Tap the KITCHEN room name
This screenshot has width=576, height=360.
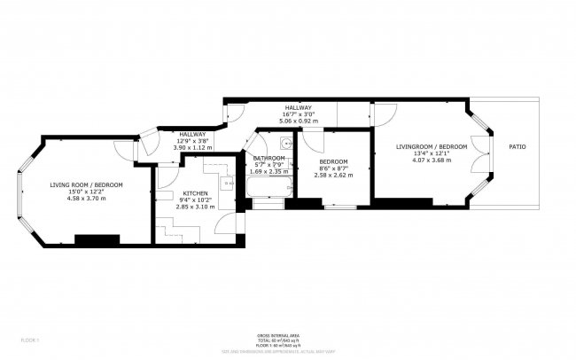tap(196, 192)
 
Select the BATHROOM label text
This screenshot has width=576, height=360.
tap(269, 158)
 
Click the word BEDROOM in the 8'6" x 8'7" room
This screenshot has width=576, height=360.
tap(333, 161)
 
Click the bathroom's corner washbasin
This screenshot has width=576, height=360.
tap(285, 142)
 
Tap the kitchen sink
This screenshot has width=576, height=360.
tap(228, 184)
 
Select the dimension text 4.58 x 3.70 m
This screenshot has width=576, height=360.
tap(86, 199)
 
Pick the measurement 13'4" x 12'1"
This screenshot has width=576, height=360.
tap(432, 153)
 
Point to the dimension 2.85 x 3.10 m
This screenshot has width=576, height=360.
tap(196, 207)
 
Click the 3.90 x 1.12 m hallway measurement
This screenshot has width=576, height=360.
tap(192, 148)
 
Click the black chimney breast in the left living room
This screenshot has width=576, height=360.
tap(97, 240)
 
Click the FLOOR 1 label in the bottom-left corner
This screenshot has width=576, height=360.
tap(30, 340)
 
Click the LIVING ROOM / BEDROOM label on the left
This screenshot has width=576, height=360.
tap(86, 184)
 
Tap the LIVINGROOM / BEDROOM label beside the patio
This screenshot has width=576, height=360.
tap(432, 145)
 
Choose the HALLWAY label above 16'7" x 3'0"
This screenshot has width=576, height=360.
tap(297, 106)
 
